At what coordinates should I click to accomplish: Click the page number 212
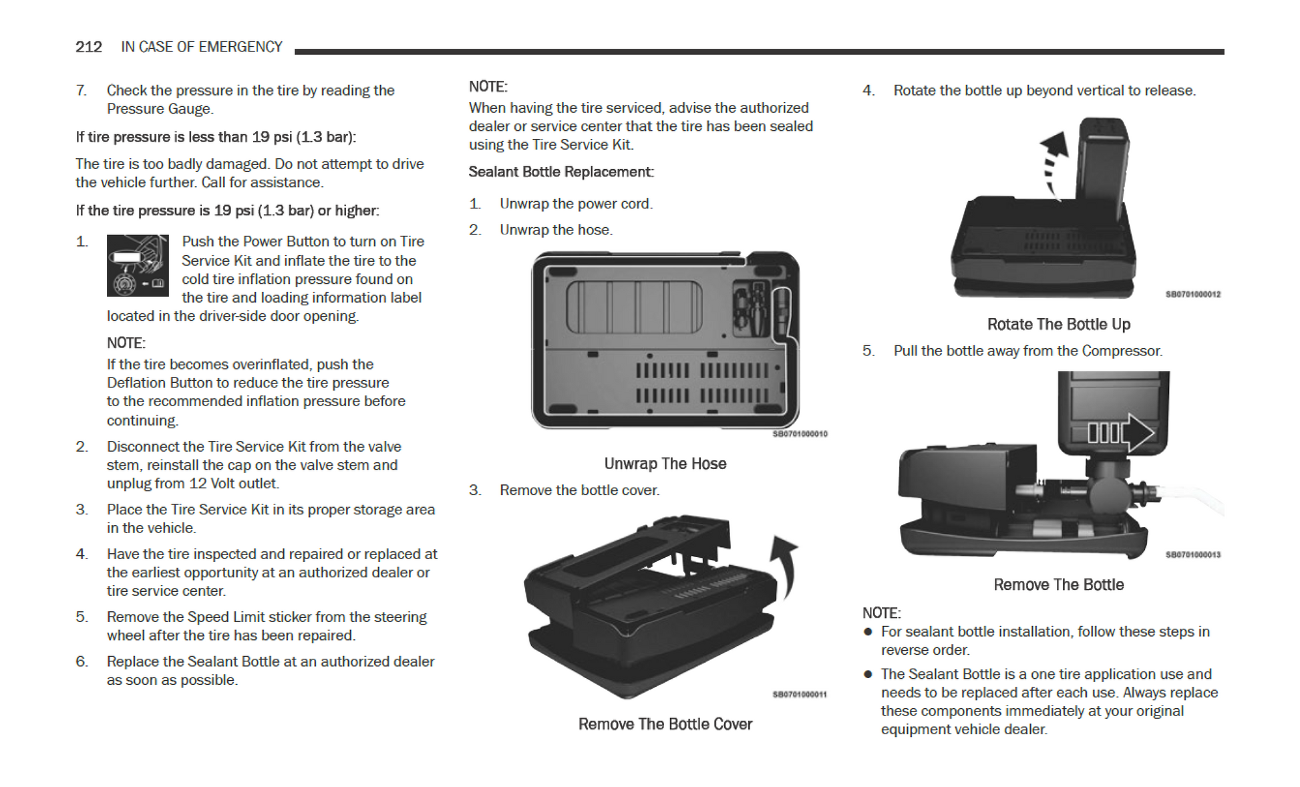tap(88, 47)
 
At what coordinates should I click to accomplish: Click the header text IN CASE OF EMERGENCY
tap(201, 47)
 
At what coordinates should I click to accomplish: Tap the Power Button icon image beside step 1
tap(138, 265)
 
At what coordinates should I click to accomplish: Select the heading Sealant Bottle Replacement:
tap(560, 172)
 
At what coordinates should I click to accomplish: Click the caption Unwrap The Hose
tap(665, 464)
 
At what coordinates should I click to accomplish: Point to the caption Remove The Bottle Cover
tap(665, 724)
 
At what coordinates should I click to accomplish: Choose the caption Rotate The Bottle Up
tap(1058, 325)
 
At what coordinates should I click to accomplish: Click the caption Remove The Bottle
tap(1058, 585)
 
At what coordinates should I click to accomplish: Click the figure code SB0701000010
tap(800, 434)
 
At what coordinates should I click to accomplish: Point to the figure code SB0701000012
tap(1192, 295)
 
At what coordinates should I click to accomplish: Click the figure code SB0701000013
tap(1192, 555)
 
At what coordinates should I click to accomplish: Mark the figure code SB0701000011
tap(800, 695)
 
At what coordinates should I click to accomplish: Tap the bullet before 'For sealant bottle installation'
tap(868, 632)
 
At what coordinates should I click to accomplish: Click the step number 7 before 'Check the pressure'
tap(81, 91)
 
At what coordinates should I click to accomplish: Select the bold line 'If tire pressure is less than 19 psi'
tap(216, 137)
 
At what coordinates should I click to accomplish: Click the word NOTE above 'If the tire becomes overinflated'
tap(126, 343)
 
